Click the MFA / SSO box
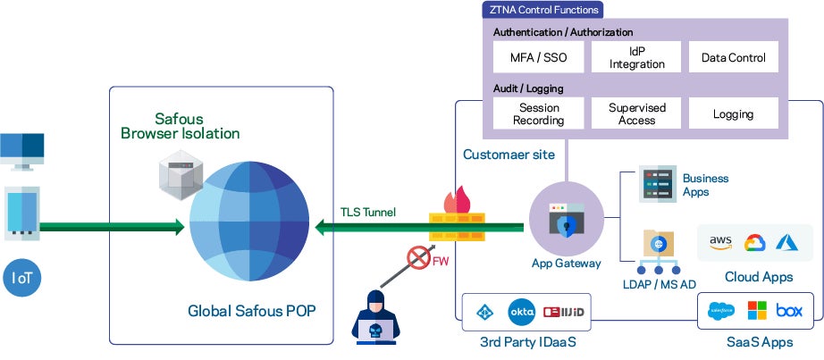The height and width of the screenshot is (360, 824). click(539, 57)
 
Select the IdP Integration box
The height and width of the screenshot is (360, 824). click(636, 57)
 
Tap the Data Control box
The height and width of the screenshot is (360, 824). click(733, 57)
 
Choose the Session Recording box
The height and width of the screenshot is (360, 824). click(539, 113)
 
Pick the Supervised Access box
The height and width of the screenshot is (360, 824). click(636, 113)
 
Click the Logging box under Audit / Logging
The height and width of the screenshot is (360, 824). click(733, 113)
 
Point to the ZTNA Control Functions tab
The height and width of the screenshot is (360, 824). click(542, 10)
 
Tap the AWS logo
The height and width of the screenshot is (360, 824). click(720, 242)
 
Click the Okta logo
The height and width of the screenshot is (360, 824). click(521, 313)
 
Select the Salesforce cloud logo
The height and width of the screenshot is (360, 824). click(720, 312)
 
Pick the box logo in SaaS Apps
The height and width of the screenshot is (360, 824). click(789, 312)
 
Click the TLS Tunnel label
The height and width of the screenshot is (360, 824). click(367, 213)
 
